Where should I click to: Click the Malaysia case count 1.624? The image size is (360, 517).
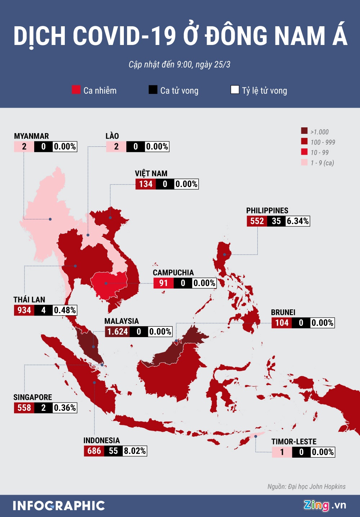118,331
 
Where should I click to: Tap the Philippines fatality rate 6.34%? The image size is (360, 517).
298,221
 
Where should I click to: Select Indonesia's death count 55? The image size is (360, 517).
113,451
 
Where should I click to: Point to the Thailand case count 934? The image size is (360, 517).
24,310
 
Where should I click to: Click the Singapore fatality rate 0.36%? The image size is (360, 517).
65,408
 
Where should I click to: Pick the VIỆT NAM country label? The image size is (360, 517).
151,173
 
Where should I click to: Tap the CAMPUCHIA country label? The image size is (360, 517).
173,273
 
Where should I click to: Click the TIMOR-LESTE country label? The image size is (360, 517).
294,441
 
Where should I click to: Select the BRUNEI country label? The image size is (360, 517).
283,312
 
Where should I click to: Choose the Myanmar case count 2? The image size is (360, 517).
24,146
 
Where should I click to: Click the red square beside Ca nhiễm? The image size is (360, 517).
76,90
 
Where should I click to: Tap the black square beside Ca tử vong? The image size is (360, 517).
153,90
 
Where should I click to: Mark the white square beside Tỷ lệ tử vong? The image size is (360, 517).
235,90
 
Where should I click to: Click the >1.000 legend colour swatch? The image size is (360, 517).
305,131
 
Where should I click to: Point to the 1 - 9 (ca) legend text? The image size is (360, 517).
322,163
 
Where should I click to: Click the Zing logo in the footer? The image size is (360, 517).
316,505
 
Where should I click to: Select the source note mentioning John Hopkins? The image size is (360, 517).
306,486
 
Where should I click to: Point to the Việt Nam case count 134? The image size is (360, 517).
146,184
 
